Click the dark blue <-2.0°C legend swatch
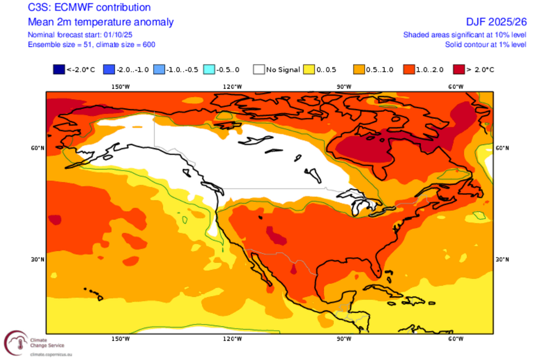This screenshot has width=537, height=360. click(58, 69)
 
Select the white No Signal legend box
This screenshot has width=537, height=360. click(260, 69)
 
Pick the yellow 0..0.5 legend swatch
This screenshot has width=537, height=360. click(310, 69)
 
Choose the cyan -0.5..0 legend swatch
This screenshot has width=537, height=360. click(209, 69)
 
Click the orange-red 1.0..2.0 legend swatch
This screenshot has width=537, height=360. click(410, 69)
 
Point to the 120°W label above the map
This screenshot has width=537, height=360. click(232, 87)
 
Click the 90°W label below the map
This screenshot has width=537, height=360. click(344, 339)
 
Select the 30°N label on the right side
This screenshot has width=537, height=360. click(501, 260)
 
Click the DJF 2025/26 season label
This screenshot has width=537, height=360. click(497, 22)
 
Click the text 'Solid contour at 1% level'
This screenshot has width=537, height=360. click(485, 45)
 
